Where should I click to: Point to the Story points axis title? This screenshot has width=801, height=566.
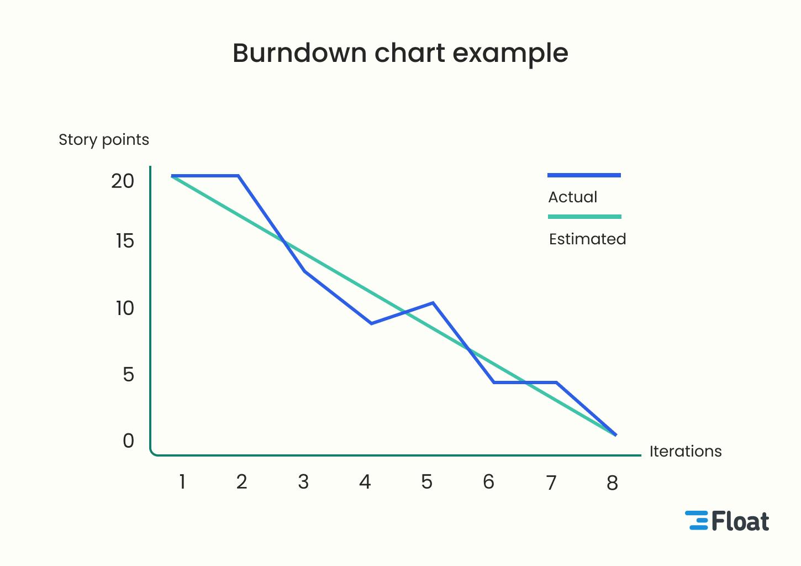point(104,140)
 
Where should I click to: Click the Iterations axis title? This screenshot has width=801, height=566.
point(686,451)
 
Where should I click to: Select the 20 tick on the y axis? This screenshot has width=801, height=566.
point(123,181)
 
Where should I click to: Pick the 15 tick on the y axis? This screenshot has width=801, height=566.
point(125,241)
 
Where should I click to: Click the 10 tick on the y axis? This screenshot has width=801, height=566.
point(125,308)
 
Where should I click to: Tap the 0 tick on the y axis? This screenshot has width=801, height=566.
point(128,441)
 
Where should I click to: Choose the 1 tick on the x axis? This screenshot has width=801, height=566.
point(182,482)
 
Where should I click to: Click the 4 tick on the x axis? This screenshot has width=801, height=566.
point(365,482)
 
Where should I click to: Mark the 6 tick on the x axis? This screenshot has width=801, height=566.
point(488,482)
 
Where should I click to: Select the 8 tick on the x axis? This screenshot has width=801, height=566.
point(612,483)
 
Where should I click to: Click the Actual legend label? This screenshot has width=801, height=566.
point(573,197)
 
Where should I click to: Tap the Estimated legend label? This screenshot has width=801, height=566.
point(587,239)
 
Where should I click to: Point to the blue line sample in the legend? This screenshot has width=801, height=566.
point(584,175)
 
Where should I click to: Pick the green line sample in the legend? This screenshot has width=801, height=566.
point(584,217)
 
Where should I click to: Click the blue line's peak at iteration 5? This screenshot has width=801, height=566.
point(433,303)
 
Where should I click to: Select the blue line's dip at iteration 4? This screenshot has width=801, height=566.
point(371,323)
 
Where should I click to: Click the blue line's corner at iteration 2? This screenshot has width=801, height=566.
point(238,176)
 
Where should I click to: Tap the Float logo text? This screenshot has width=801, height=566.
point(740,521)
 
